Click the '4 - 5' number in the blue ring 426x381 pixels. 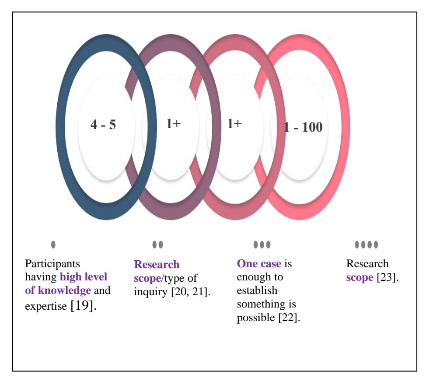coord(103,125)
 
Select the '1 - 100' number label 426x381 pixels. coord(303,127)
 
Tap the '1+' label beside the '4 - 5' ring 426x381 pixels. coord(173,124)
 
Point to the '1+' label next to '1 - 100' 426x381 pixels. coord(234,124)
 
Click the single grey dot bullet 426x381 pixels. coord(53,245)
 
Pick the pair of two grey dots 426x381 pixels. coord(157,245)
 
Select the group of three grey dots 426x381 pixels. coord(262,245)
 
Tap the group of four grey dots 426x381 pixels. coord(366,245)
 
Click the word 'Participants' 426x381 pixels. coord(52,264)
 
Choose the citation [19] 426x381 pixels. coord(84,306)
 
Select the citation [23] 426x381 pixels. coord(388,277)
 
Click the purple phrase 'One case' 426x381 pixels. coord(259,264)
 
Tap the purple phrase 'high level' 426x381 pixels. coord(84,277)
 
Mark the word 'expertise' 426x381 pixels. coord(46,307)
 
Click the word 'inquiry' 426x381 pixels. coord(151,292)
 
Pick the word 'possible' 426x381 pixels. coord(256,318)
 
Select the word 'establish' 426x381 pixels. coord(257,290)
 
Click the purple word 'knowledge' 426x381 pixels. coord(64,291)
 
